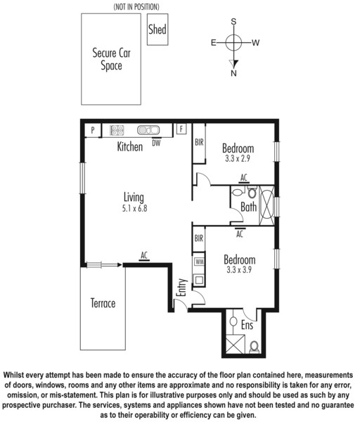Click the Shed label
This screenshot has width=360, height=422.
[157, 29]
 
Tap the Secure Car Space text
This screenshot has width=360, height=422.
[111, 59]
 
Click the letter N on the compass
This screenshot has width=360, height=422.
[233, 73]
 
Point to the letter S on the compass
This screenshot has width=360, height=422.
[233, 22]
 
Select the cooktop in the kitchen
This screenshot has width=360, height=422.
[117, 130]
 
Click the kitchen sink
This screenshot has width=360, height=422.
[148, 130]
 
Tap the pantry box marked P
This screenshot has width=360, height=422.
[93, 131]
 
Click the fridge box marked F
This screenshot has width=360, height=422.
[181, 129]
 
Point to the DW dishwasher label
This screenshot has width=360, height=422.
[156, 143]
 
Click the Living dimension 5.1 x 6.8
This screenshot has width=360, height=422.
[134, 208]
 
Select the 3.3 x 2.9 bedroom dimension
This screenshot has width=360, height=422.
[238, 158]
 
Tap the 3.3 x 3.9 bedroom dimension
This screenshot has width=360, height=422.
[239, 269]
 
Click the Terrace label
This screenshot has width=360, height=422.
[103, 303]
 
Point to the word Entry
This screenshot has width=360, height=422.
[182, 288]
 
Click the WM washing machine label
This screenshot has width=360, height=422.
[200, 262]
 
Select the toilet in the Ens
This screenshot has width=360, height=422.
[254, 347]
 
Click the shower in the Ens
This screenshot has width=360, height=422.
[235, 344]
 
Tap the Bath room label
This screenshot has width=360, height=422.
[248, 207]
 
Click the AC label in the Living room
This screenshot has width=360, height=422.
[144, 255]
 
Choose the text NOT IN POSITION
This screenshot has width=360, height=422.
[136, 7]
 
